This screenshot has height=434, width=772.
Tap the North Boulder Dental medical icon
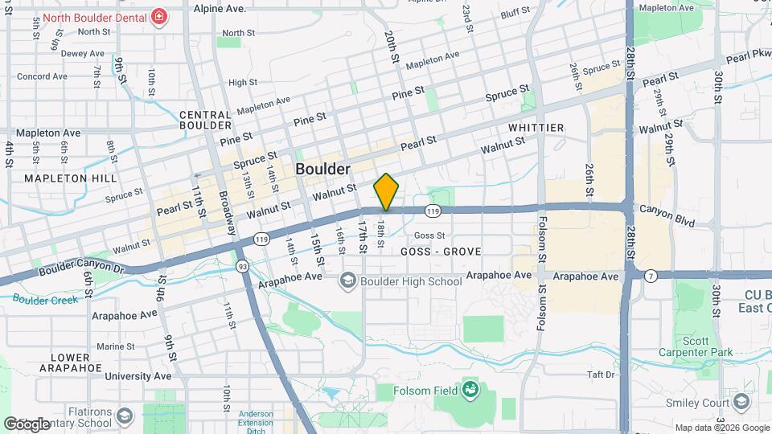[159, 17]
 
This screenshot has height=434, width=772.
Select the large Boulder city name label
[322, 169]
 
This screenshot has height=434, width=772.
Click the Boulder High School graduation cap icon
[348, 280]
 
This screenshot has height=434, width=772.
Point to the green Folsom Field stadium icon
[471, 391]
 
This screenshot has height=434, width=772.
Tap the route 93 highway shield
[241, 265]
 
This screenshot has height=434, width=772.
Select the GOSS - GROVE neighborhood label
[441, 252]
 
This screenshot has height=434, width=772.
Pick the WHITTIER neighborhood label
[536, 128]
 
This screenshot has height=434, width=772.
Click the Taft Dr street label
[600, 375]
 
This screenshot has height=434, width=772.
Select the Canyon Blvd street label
[667, 209]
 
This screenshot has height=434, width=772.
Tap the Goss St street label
[429, 235]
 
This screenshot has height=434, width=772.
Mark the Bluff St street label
[515, 13]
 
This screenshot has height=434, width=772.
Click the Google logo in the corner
[27, 423]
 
